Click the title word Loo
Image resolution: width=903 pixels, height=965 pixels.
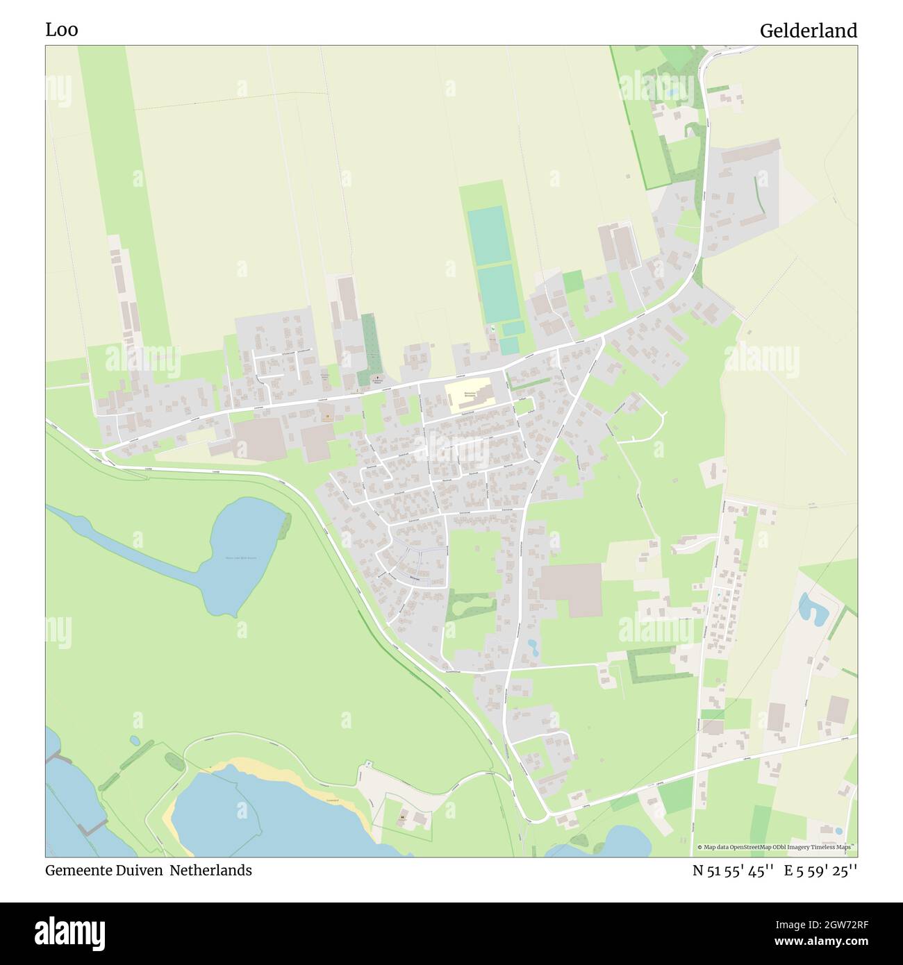coord(62,30)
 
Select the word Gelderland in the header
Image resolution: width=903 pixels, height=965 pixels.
coord(808,31)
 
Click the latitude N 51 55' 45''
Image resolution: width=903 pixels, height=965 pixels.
coord(733,871)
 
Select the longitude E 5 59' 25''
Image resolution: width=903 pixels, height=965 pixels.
coord(821,871)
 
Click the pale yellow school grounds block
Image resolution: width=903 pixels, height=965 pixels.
coord(470,394)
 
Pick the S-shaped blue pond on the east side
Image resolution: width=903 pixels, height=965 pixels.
coord(810,607)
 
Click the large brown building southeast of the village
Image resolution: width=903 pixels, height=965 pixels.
coord(572,589)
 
